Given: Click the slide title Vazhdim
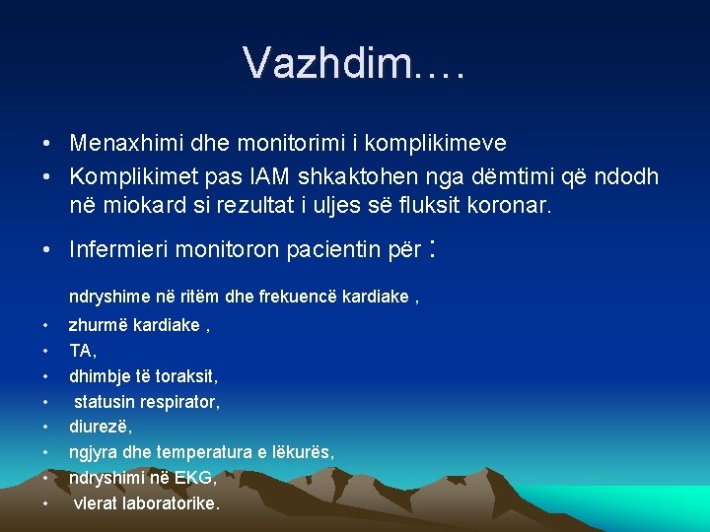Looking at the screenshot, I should coord(354,63).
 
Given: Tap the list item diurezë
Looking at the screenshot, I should coord(100,427).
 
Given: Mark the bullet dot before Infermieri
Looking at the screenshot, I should coord(47,250).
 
